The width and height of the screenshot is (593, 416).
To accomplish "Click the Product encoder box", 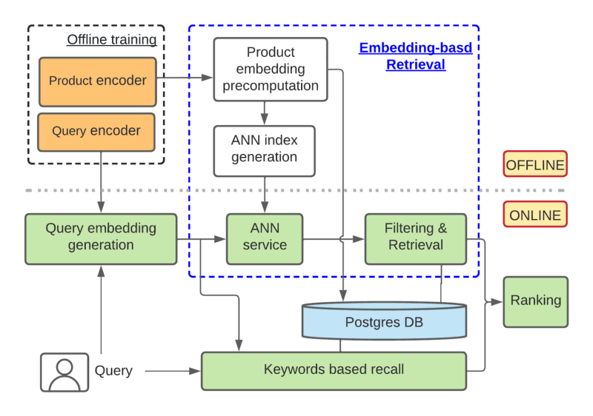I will (97, 81).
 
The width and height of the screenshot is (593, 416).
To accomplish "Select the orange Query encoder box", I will (96, 131).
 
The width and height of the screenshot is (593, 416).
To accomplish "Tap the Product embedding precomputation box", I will (271, 69).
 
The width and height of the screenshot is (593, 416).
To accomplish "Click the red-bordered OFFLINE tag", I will (534, 164).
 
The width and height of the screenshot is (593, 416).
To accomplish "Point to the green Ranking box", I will (535, 301).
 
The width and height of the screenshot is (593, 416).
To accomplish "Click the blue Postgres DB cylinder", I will (384, 322).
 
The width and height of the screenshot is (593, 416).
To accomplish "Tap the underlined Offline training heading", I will (112, 39).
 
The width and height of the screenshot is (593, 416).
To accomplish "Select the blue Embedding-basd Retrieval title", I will (415, 56).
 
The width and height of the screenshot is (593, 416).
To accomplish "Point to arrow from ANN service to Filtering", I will (334, 239).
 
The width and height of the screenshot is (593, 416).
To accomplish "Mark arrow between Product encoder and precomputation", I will (185, 76).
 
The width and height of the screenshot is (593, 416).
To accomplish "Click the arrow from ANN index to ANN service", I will (265, 195).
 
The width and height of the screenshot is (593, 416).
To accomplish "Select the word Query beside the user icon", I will (113, 371).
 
